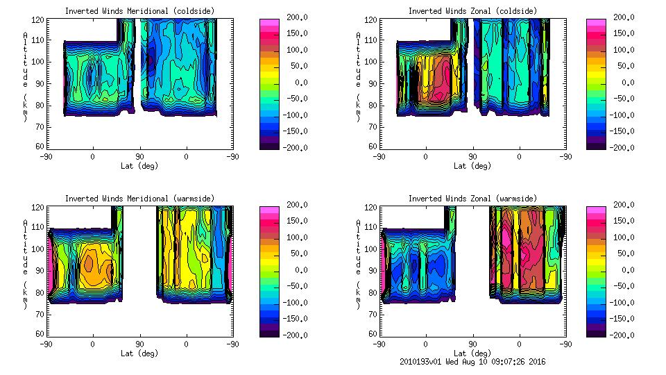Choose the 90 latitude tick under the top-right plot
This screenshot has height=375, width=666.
(x=472, y=157)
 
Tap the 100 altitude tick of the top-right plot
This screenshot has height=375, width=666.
(x=368, y=61)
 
